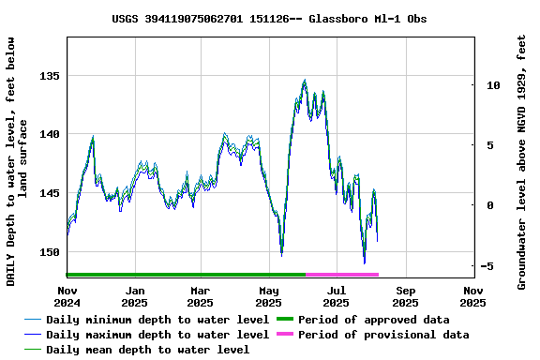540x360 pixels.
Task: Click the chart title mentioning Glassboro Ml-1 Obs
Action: pyautogui.click(x=269, y=18)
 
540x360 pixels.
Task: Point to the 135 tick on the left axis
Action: pyautogui.click(x=50, y=76)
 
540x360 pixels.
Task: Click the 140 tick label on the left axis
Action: pyautogui.click(x=50, y=134)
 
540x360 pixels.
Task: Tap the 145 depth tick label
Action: pyautogui.click(x=50, y=193)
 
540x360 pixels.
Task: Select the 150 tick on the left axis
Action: pyautogui.click(x=50, y=252)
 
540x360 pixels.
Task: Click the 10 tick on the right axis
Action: pyautogui.click(x=493, y=85)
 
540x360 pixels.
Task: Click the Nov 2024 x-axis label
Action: pyautogui.click(x=67, y=296)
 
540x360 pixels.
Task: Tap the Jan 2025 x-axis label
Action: pyautogui.click(x=135, y=296)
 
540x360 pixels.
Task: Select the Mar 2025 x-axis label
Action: pyautogui.click(x=200, y=296)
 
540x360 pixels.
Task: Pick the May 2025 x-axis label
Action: pyautogui.click(x=269, y=296)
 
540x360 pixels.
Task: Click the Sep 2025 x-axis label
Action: pyautogui.click(x=405, y=296)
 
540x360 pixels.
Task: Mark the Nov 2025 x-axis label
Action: pyautogui.click(x=473, y=296)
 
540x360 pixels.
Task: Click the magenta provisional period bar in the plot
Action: pyautogui.click(x=342, y=275)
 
